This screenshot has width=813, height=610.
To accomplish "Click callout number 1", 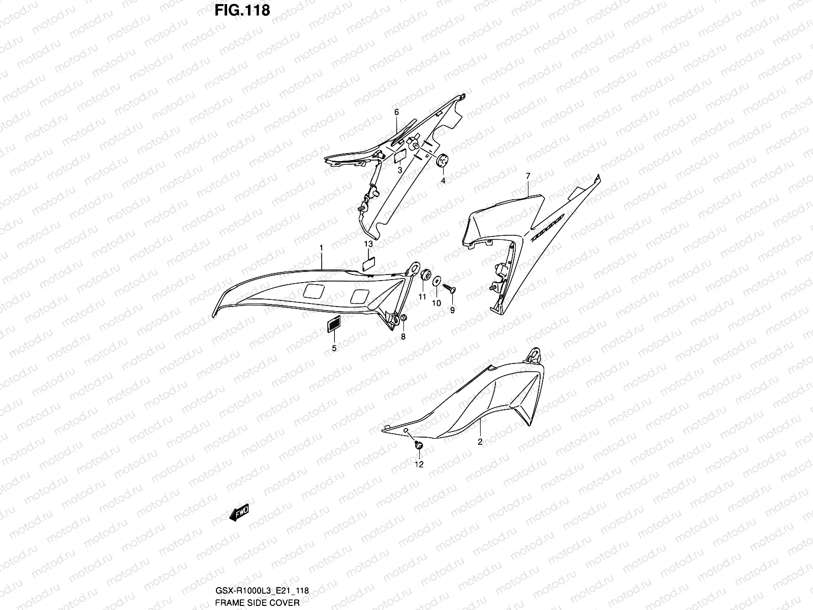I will point(321,247).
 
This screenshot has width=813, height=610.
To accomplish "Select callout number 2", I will point(480,442).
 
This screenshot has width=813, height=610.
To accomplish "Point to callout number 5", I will point(334,348).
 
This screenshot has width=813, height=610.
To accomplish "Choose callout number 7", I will point(528,176).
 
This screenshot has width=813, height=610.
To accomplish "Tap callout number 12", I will point(419,464).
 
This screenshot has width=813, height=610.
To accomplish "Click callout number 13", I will point(368,245).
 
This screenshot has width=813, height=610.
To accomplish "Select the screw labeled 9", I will point(450,289).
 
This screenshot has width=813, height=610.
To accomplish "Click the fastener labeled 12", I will point(419,446).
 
